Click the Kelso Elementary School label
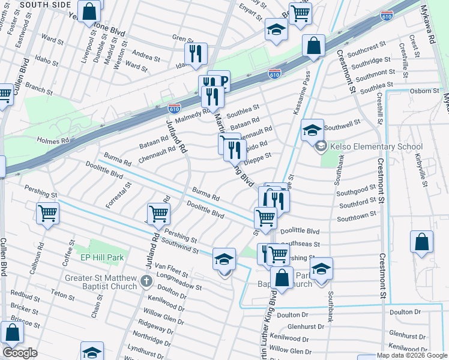coord(376,146)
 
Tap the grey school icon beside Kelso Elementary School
coord(321,146)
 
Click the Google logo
coord(20,353)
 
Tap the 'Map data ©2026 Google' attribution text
coord(412,355)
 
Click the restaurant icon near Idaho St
coord(196,53)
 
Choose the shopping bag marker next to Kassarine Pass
coord(313,46)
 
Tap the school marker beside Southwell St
coord(312,130)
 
